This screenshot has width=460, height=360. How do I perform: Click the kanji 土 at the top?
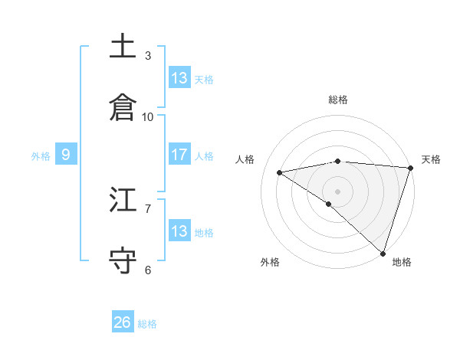click(x=123, y=47)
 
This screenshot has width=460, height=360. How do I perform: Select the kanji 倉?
click(x=123, y=108)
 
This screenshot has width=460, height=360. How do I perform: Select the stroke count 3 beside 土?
click(x=148, y=55)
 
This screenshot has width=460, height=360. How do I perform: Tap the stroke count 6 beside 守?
click(x=148, y=270)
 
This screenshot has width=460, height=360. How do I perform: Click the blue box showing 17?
click(x=179, y=155)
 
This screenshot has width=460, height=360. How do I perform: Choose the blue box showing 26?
click(x=123, y=322)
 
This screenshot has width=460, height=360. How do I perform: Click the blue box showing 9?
click(x=66, y=155)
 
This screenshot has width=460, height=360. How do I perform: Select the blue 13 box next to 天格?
click(x=179, y=78)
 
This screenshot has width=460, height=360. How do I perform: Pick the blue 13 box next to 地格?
click(x=179, y=231)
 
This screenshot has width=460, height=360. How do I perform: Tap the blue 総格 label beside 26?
click(x=147, y=324)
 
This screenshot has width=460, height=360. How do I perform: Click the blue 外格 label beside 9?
click(x=41, y=156)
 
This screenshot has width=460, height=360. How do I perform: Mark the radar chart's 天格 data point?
click(x=411, y=168)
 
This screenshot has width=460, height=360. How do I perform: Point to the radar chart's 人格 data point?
click(x=280, y=172)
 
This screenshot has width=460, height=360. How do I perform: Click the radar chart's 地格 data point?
click(x=383, y=254)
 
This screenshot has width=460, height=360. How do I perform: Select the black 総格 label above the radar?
click(x=338, y=100)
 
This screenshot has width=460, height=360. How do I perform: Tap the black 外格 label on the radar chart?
click(x=270, y=263)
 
